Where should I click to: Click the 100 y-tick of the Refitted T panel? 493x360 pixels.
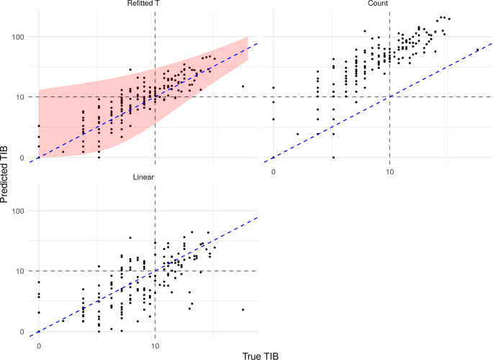(19, 37)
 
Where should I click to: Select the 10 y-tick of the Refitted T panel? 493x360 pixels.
(22, 97)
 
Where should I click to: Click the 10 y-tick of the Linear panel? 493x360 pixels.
(22, 271)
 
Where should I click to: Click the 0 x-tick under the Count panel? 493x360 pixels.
(273, 173)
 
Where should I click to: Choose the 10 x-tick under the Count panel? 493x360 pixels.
(389, 173)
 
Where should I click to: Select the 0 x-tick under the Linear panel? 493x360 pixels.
(38, 346)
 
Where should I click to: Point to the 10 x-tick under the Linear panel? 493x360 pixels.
(155, 346)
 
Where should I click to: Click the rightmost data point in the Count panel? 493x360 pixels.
(477, 50)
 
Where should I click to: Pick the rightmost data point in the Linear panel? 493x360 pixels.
(243, 310)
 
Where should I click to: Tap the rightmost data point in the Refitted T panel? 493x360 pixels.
(243, 86)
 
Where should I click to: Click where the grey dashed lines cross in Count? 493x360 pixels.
(389, 96)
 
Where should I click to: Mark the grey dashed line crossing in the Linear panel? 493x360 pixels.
(155, 271)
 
